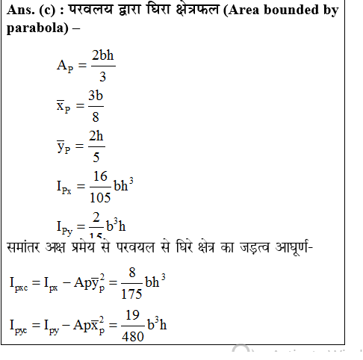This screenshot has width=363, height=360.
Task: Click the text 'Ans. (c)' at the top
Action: pyautogui.click(x=28, y=11)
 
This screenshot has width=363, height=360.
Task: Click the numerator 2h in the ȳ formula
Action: pyautogui.click(x=96, y=136)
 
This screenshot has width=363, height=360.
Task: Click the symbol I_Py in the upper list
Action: pyautogui.click(x=65, y=226)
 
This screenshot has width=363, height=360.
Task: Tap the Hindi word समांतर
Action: pyautogui.click(x=28, y=246)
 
